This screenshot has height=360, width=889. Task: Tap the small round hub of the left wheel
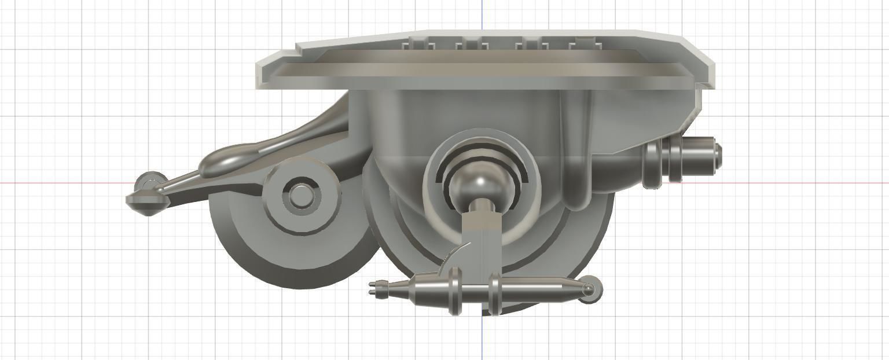click(300, 196)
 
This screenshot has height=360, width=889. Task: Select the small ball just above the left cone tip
click(151, 181)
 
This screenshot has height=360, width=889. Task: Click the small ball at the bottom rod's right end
click(589, 289)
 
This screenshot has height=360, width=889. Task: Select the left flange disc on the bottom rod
click(455, 291)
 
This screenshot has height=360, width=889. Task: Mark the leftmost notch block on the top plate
click(417, 44)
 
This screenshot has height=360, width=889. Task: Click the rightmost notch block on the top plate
click(583, 43)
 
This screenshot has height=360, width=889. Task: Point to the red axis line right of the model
click(810, 183)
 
